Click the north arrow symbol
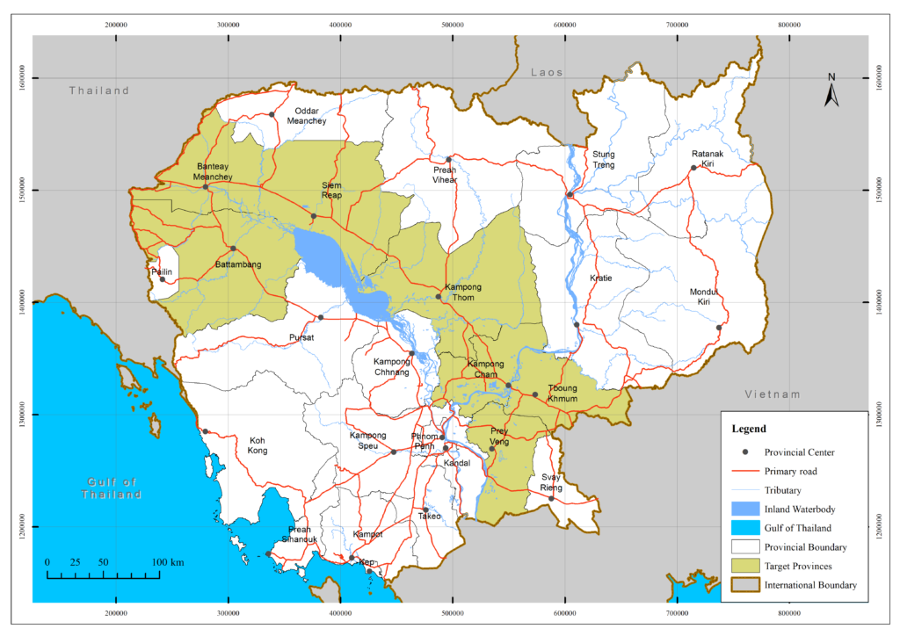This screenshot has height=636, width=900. pos(831,90)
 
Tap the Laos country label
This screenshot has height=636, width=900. pos(546,72)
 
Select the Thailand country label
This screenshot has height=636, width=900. pos(99,90)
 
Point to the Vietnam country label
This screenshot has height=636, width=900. pos(773,394)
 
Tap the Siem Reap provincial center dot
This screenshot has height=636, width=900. pos(314,216)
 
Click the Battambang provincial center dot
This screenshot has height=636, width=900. pos(233,249)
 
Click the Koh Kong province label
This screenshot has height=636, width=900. pos(258,445)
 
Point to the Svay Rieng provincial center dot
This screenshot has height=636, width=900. pos(552,498)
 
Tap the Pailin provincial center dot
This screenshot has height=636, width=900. pos(162,279)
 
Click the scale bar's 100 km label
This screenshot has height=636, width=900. pos(167,561)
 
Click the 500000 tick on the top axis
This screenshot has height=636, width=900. pos(453,25)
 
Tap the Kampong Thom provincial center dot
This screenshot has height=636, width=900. pos(439,297)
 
